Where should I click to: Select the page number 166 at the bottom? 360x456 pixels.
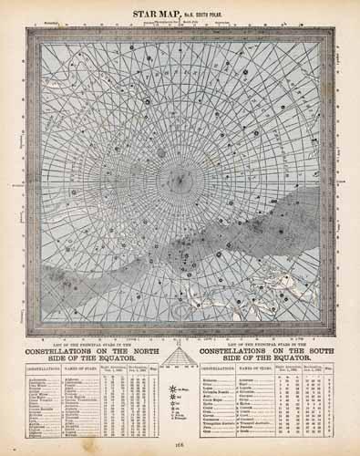[180, 447]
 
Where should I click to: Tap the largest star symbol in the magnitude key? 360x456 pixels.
[172, 388]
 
